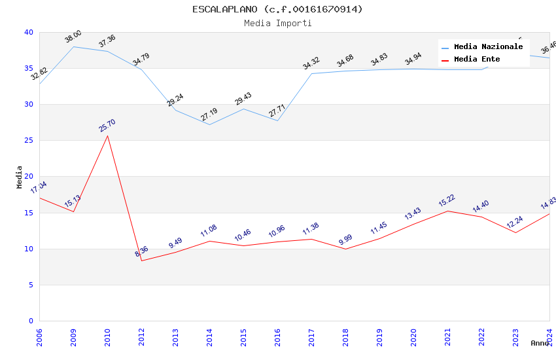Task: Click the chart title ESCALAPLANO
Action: [x=277, y=9]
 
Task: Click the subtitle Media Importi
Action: [x=277, y=23]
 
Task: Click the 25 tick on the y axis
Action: [x=29, y=141]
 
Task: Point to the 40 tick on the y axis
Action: [x=29, y=33]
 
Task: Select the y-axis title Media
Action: [x=20, y=177]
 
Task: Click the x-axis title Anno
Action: [x=540, y=343]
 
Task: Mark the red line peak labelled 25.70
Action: [x=107, y=135]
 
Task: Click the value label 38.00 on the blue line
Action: [x=73, y=37]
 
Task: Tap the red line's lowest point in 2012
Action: [x=141, y=261]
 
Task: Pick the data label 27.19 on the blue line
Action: [x=209, y=115]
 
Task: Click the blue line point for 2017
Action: [x=311, y=73]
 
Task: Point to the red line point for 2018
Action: [x=345, y=249]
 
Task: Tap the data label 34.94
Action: [x=413, y=60]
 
